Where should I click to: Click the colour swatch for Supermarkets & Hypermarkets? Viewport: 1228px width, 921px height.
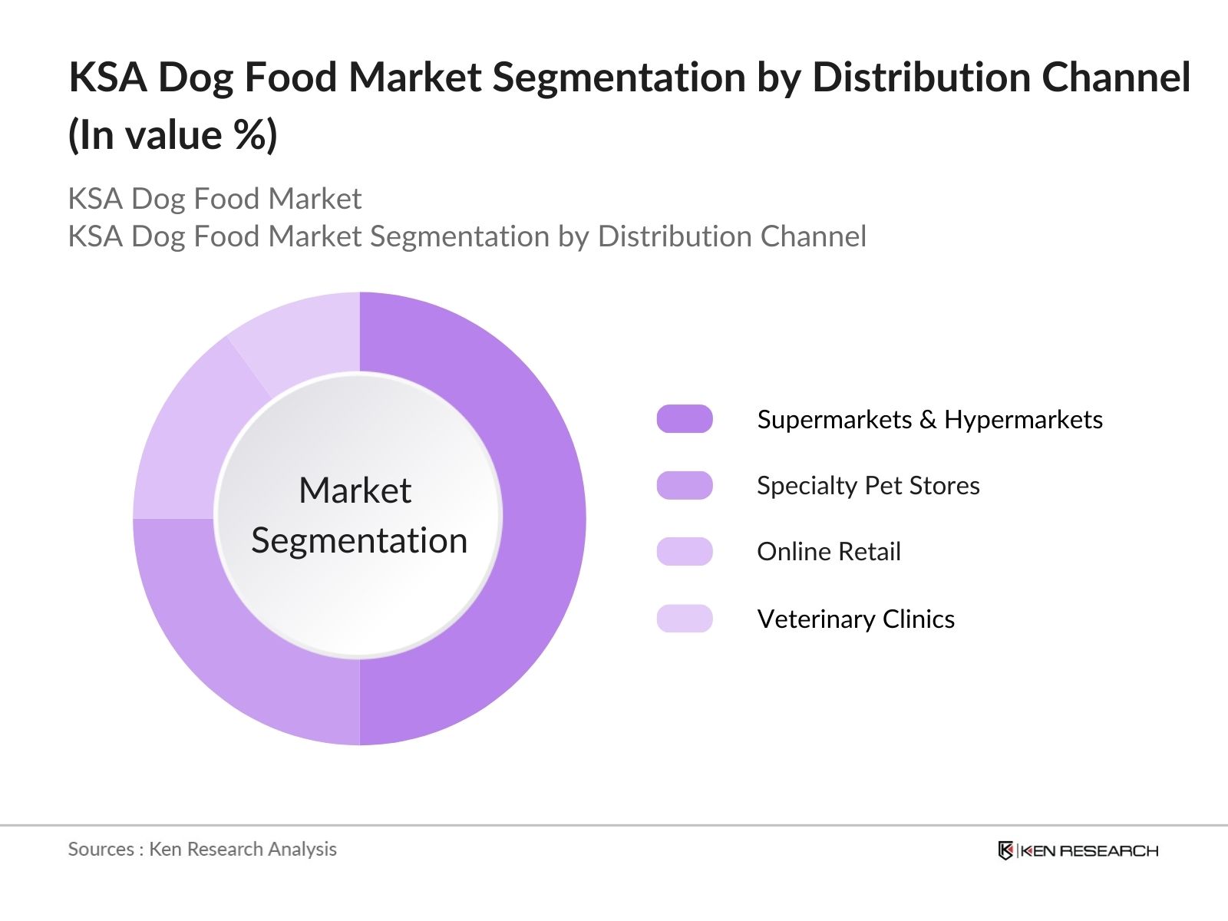[685, 419]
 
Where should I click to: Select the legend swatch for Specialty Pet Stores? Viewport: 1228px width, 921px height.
[685, 486]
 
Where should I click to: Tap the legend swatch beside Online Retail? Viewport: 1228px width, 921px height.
[685, 552]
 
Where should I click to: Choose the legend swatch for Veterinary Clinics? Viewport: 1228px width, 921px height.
[685, 619]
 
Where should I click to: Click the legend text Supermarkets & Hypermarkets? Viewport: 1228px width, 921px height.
[929, 420]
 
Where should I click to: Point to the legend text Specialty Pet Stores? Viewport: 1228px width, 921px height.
[868, 486]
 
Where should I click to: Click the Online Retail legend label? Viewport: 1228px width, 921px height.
[829, 552]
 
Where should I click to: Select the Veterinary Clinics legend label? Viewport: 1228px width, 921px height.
[856, 619]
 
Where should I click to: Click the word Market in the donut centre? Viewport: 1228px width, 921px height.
[355, 490]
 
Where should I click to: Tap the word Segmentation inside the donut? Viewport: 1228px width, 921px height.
[359, 541]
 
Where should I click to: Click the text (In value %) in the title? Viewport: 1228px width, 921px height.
[173, 136]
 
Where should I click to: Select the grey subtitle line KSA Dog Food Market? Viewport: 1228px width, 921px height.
[214, 199]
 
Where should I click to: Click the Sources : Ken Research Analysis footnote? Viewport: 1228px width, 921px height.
[202, 849]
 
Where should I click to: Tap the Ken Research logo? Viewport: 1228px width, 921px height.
[1078, 850]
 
